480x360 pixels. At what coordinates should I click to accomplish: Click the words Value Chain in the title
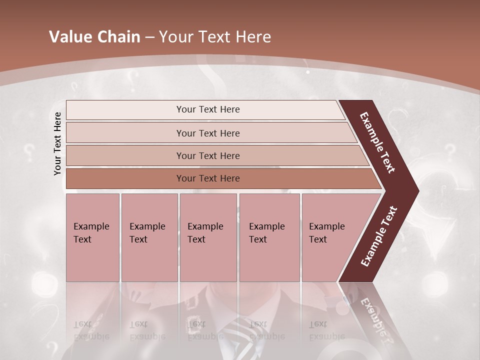[94, 37]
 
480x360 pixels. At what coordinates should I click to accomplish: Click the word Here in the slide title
[253, 37]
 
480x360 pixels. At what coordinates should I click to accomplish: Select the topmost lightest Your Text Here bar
[207, 109]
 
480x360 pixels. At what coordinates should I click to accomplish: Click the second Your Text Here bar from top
[207, 133]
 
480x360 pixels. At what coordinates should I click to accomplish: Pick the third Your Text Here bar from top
[207, 155]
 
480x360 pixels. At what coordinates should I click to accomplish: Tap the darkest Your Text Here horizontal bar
[207, 178]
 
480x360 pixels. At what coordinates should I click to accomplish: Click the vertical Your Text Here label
[57, 143]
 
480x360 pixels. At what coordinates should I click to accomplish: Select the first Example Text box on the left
[92, 237]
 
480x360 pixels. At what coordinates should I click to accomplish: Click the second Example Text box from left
[149, 237]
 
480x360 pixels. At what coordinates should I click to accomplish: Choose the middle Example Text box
[208, 237]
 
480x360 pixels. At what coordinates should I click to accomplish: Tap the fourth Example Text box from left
[269, 237]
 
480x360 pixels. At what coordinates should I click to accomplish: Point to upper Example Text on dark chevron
[378, 142]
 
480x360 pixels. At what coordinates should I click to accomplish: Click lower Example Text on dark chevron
[379, 236]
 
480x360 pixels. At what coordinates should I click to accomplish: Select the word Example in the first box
[91, 226]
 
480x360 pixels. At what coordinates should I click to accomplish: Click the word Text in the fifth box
[317, 239]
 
